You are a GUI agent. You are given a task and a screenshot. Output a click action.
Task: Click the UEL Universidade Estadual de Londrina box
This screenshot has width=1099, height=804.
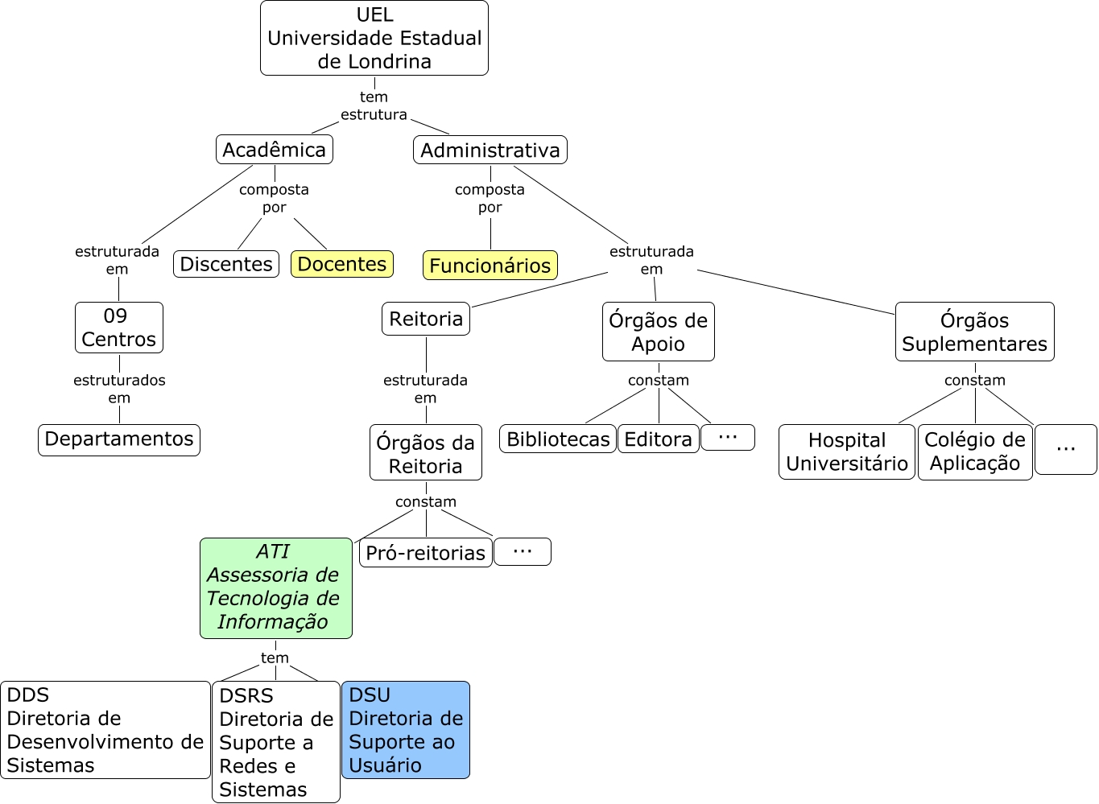point(374,38)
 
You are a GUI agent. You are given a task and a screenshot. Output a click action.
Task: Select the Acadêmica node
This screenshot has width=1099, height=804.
point(275,150)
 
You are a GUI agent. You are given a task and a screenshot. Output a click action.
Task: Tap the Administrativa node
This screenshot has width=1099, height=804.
point(490,150)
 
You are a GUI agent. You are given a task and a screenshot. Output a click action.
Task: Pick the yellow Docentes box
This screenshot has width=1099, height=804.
point(342,264)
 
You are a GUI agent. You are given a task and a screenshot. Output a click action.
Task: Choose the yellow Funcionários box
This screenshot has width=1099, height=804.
point(490,266)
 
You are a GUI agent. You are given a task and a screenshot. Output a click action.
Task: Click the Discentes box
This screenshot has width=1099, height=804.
point(226,264)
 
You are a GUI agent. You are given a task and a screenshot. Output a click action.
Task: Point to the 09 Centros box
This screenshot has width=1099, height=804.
point(119,328)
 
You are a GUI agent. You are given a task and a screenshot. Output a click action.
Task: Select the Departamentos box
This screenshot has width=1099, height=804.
point(119,439)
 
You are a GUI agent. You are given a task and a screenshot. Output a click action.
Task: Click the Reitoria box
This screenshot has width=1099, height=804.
point(426,319)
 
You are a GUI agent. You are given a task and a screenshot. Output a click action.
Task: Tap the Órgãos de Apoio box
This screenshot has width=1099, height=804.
point(659,332)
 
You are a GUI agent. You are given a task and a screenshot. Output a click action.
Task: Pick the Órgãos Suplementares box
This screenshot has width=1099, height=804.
point(974,332)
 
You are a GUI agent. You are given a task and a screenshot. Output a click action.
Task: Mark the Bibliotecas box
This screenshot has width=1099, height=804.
point(558,439)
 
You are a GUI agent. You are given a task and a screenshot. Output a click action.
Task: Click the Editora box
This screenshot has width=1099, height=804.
point(659,439)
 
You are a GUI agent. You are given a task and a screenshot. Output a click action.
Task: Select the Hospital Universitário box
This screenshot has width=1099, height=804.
point(847,451)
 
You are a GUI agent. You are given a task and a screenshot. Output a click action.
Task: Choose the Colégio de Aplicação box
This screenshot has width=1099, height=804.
point(975,451)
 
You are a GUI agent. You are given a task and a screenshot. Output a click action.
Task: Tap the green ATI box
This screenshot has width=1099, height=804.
point(276,588)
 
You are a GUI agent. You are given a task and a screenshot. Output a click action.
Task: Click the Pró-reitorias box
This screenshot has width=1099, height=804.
point(426,553)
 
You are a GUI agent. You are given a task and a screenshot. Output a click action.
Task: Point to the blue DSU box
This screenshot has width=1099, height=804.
point(406,730)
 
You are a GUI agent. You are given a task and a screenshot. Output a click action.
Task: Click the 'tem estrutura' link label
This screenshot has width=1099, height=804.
point(374,105)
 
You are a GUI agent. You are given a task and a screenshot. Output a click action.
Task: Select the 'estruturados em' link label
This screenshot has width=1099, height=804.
point(119,389)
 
